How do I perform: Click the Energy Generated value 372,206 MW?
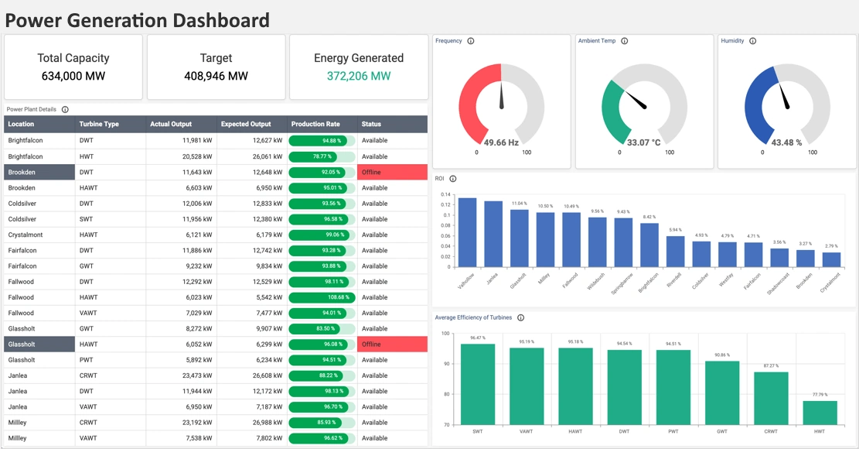coord(358,76)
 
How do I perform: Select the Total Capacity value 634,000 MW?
coord(73,76)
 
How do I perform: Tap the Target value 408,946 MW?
coord(216,76)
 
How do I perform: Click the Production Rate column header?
coord(315,124)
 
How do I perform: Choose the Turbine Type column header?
coord(98,124)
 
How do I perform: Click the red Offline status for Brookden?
coord(392,172)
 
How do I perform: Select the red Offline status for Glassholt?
coord(392,344)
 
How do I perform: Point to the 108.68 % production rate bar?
coord(322,297)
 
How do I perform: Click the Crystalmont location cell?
coord(26,235)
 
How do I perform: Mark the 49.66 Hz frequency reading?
coord(501,142)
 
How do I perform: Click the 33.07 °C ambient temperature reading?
coord(643,142)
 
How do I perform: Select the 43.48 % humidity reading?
coord(786,142)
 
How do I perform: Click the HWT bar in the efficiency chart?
coord(820,413)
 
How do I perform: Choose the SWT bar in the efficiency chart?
coord(478,384)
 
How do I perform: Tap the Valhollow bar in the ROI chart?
coord(467,232)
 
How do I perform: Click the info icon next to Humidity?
coord(752,41)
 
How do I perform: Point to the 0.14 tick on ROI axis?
coord(446,194)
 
